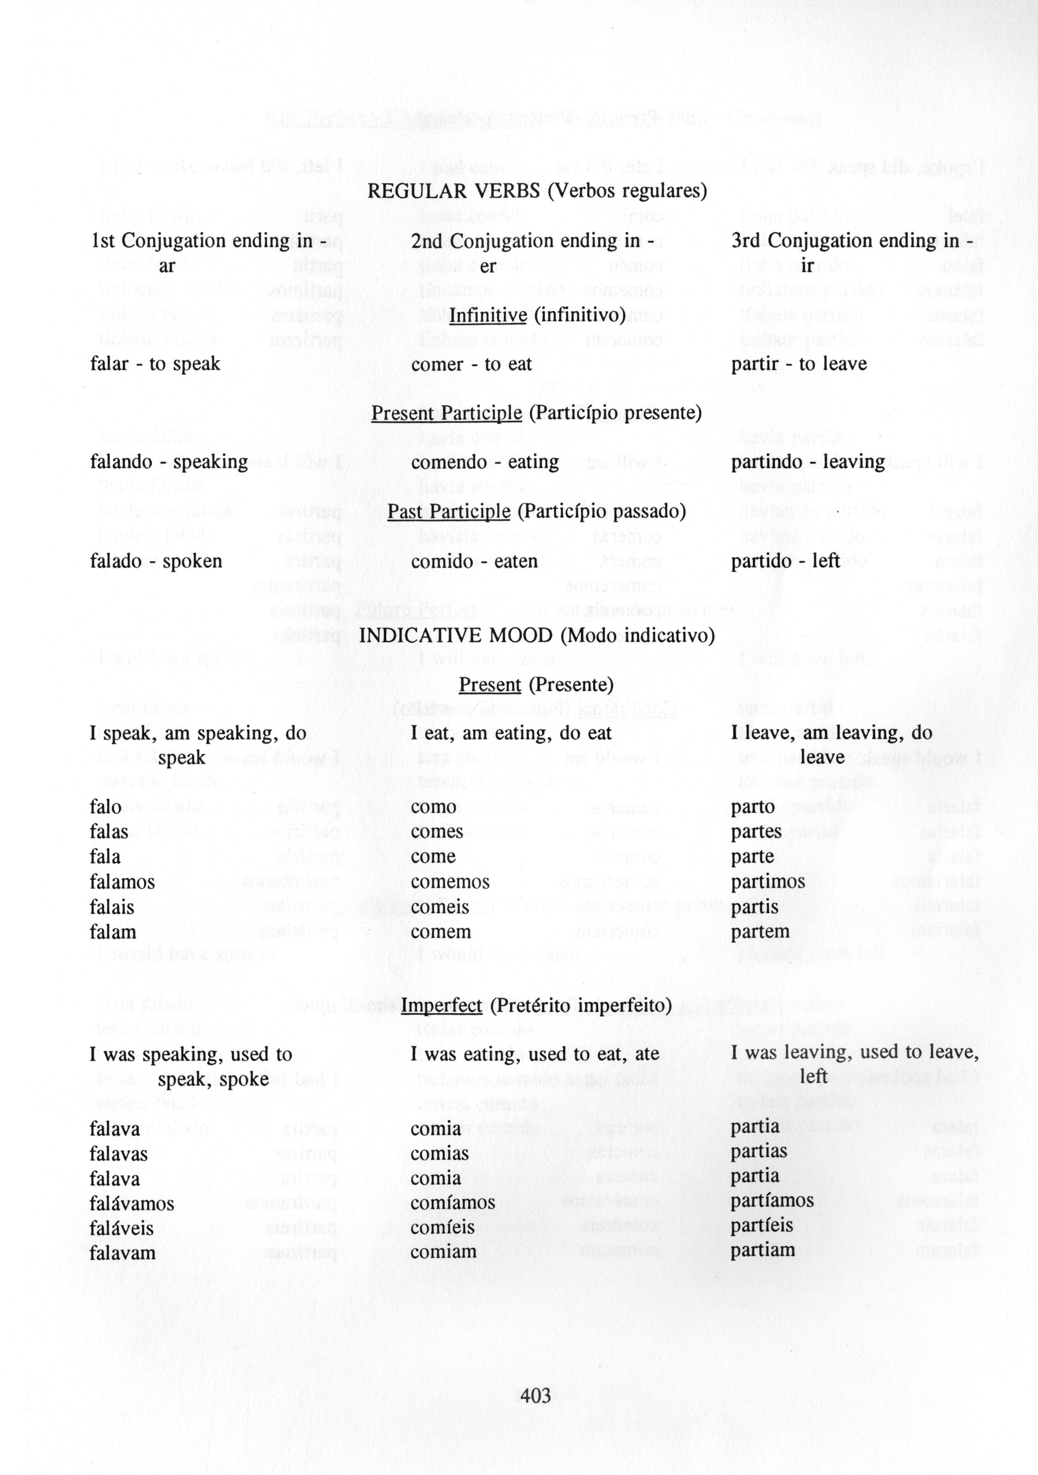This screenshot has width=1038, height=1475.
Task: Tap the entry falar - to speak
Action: (155, 364)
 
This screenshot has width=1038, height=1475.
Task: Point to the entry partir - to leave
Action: (799, 364)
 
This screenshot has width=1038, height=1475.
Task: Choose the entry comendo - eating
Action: (484, 462)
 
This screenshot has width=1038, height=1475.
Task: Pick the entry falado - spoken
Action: (156, 561)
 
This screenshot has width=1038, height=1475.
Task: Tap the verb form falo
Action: (105, 807)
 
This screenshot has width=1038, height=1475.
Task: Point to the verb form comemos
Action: (450, 882)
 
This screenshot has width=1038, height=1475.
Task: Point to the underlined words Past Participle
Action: (449, 512)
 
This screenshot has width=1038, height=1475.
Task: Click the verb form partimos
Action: (767, 882)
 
